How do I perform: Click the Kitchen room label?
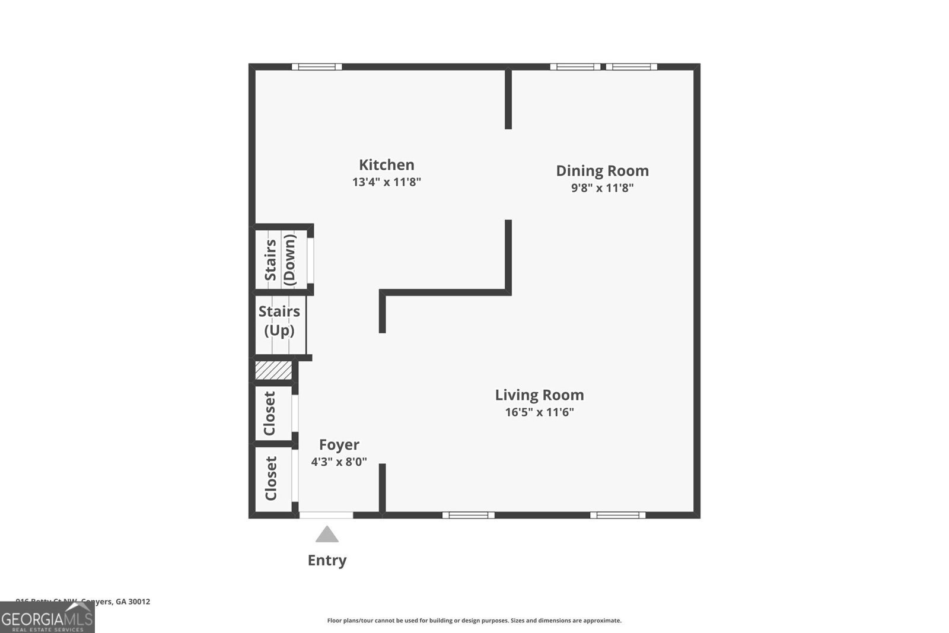pyautogui.click(x=386, y=165)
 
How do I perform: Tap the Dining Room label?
pyautogui.click(x=602, y=171)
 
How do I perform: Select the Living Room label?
pyautogui.click(x=539, y=395)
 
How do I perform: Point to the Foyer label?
pyautogui.click(x=339, y=445)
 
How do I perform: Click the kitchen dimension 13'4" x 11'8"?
pyautogui.click(x=386, y=182)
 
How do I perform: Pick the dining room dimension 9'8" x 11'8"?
pyautogui.click(x=602, y=188)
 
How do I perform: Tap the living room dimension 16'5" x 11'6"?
pyautogui.click(x=539, y=412)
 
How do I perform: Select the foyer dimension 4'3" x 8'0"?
pyautogui.click(x=339, y=462)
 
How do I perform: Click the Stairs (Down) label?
pyautogui.click(x=280, y=260)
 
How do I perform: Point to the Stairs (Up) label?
pyautogui.click(x=279, y=320)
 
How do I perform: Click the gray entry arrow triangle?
pyautogui.click(x=327, y=535)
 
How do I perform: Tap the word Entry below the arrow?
pyautogui.click(x=327, y=561)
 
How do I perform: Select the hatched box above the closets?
pyautogui.click(x=273, y=371)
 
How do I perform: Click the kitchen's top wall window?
pyautogui.click(x=317, y=67)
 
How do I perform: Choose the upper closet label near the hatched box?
pyautogui.click(x=270, y=413)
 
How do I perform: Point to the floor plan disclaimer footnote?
pyautogui.click(x=474, y=621)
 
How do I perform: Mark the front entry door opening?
pyautogui.click(x=326, y=515)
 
